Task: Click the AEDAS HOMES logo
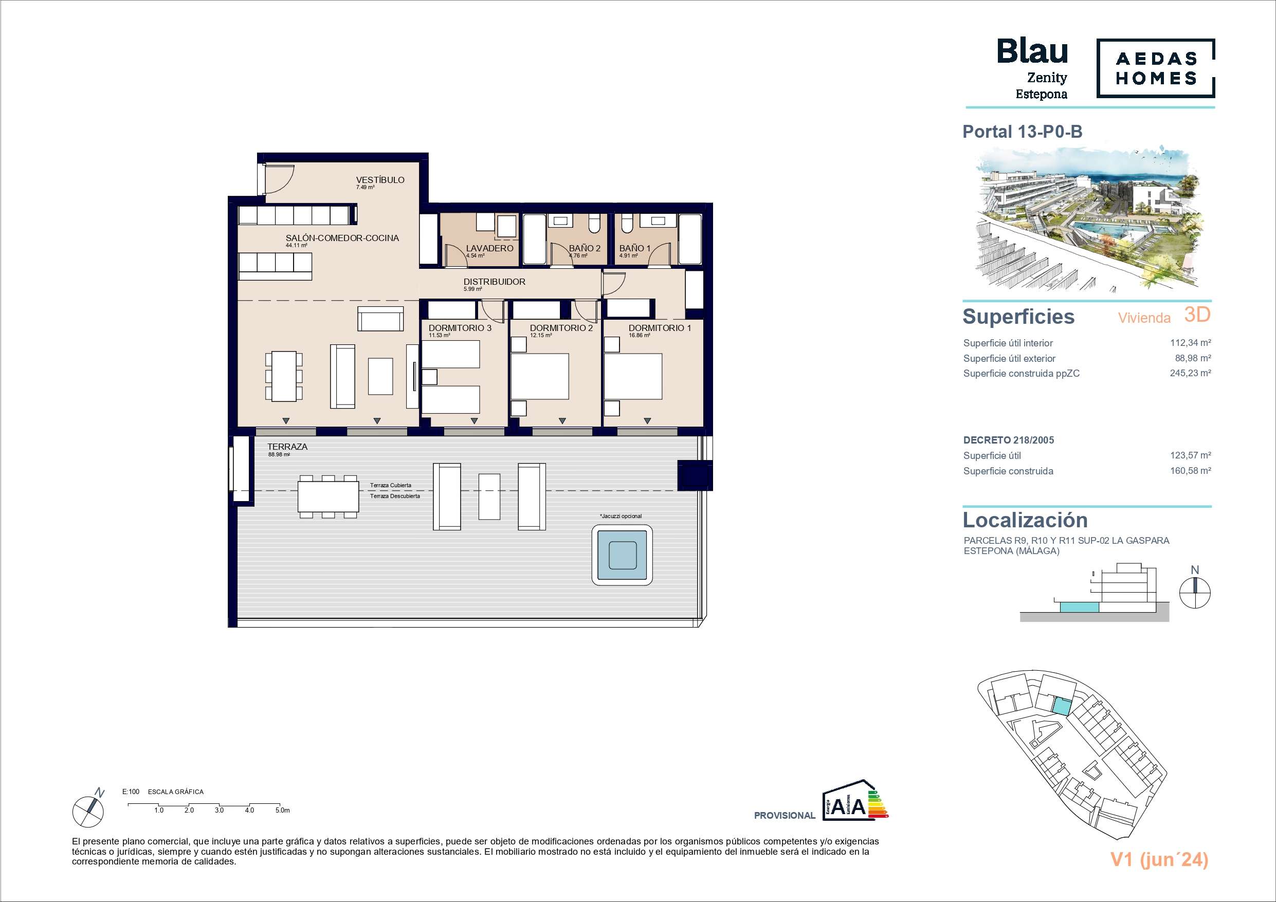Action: [1155, 68]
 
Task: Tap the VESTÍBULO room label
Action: [380, 180]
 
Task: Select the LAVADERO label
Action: [489, 248]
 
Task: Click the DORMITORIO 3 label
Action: [460, 328]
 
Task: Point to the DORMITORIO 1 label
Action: [660, 328]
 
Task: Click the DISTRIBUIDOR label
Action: [495, 282]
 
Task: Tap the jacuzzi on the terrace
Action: [622, 555]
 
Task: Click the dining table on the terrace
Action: [329, 496]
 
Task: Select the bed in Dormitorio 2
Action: [540, 376]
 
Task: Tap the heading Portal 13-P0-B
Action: [1023, 132]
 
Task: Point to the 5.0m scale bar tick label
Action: [282, 811]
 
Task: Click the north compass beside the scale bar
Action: [88, 808]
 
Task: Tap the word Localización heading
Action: [1025, 520]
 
